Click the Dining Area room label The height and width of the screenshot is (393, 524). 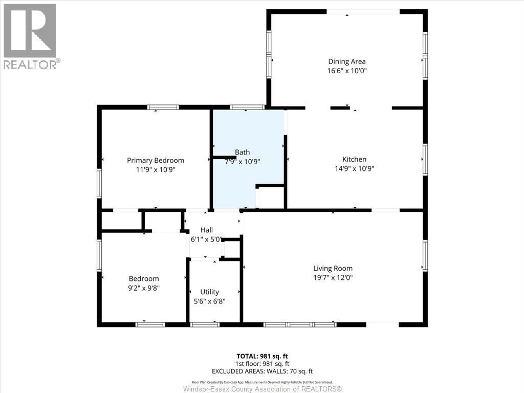(347, 62)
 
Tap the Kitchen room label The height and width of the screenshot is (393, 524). (354, 159)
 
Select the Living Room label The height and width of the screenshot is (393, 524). (333, 268)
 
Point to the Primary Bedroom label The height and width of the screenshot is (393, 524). (156, 160)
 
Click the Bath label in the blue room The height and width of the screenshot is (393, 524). (243, 152)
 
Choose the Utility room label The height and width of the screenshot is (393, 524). (210, 292)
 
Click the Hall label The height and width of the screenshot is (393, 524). (207, 230)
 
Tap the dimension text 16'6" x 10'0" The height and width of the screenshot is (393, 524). (347, 71)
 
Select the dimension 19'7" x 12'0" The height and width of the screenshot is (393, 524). (333, 277)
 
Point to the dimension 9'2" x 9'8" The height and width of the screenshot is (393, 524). (144, 288)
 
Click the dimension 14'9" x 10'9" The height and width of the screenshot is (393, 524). (354, 168)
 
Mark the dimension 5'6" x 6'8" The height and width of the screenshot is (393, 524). (210, 301)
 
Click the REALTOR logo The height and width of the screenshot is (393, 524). (31, 36)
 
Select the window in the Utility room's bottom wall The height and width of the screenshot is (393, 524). (205, 324)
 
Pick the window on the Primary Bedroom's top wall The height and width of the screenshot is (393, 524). (163, 107)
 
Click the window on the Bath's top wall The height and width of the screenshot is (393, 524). (247, 107)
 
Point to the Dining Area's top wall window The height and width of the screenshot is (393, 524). (363, 12)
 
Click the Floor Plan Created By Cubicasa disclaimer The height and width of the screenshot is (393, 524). (262, 382)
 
